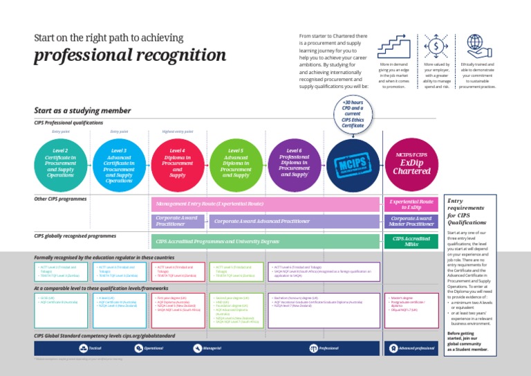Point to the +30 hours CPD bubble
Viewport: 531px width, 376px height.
[x=353, y=114]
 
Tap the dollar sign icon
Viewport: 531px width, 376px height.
[x=437, y=46]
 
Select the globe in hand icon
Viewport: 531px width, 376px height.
[x=478, y=46]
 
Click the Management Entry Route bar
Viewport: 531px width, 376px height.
[x=266, y=204]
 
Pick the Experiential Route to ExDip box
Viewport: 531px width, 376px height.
[x=411, y=204]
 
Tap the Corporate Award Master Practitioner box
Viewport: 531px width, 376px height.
[x=411, y=221]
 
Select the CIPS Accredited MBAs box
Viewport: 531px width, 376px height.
[x=411, y=241]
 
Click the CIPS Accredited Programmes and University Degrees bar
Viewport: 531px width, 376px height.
[x=266, y=241]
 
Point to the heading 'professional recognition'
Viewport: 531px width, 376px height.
[x=131, y=55]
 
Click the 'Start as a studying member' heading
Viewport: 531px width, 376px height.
[x=82, y=110]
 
